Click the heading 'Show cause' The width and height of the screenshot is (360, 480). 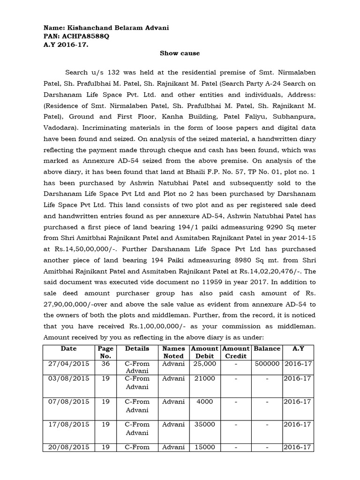(180, 53)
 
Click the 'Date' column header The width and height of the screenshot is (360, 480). (68, 349)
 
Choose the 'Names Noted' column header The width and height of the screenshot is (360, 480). (173, 352)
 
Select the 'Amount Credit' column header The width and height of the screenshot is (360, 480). (236, 352)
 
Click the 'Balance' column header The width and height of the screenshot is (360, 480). (267, 349)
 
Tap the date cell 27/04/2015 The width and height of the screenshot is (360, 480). (68, 364)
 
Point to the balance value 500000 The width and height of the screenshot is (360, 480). (267, 364)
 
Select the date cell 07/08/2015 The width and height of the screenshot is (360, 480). (68, 402)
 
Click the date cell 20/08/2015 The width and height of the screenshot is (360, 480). (68, 447)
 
